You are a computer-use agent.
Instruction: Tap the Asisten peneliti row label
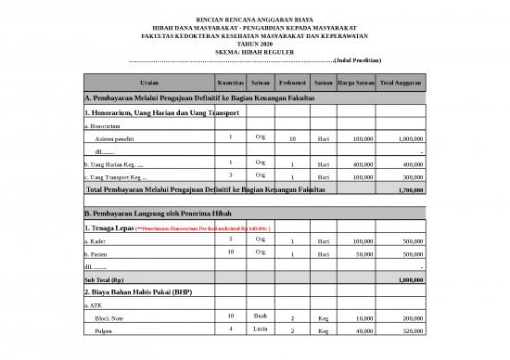[x=116, y=139]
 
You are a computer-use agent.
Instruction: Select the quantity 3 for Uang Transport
[x=230, y=174]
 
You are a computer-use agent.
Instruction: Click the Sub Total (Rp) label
[x=104, y=279]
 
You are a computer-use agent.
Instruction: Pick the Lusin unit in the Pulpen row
[x=261, y=328]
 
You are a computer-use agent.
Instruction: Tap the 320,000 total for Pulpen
[x=407, y=331]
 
